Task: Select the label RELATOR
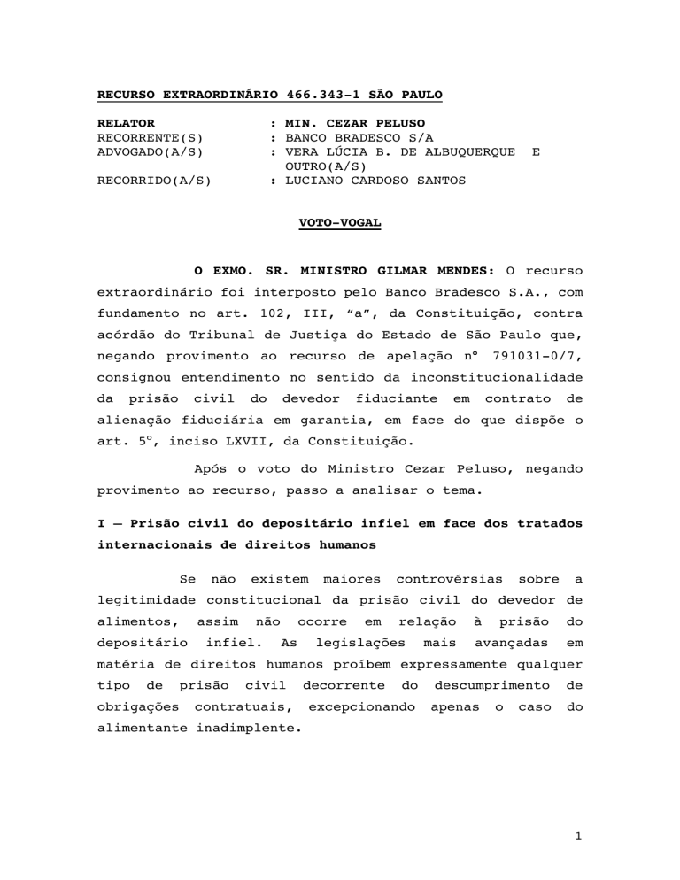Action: (x=126, y=123)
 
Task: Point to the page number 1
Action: (x=577, y=861)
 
